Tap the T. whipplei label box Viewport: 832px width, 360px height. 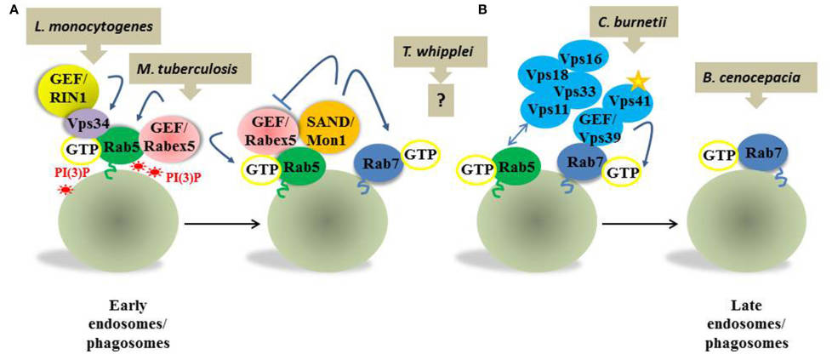pyautogui.click(x=441, y=53)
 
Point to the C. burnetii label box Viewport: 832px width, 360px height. pyautogui.click(x=635, y=19)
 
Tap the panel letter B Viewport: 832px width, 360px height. pyautogui.click(x=483, y=10)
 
